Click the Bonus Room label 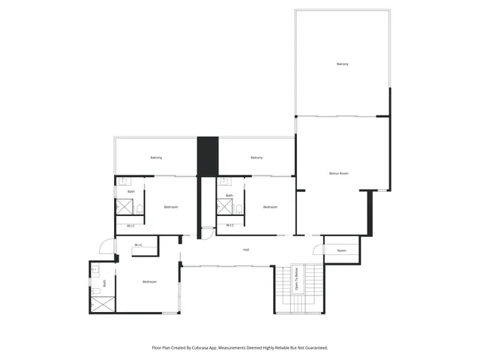click(x=339, y=173)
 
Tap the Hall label click(x=245, y=250)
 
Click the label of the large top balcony click(x=342, y=64)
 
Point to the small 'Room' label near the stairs click(x=341, y=250)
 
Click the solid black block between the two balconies click(x=207, y=155)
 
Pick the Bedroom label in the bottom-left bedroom click(x=150, y=281)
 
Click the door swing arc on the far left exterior click(x=106, y=247)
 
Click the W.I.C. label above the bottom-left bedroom click(x=139, y=244)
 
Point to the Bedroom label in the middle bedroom click(x=270, y=207)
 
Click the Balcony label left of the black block click(x=156, y=157)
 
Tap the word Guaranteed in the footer click(x=316, y=347)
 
